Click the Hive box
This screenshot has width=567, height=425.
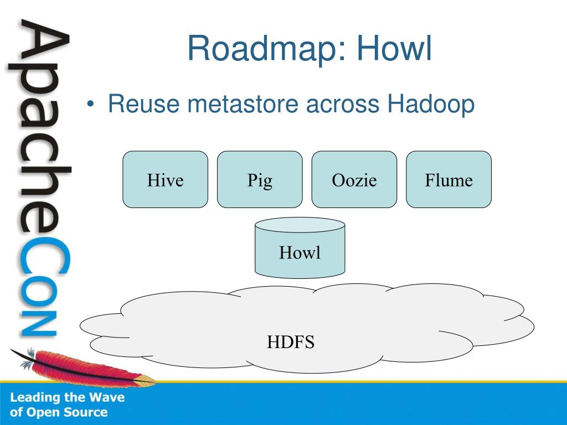click(x=165, y=179)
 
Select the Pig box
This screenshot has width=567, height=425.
click(x=260, y=179)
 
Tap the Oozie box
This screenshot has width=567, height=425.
click(x=354, y=179)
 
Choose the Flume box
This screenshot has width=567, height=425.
click(x=449, y=179)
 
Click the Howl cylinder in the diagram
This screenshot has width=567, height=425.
click(x=300, y=248)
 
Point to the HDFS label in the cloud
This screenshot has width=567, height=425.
click(x=291, y=342)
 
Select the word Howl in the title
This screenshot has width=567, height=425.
click(x=394, y=48)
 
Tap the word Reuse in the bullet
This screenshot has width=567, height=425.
click(x=143, y=103)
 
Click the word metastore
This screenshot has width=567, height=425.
click(x=243, y=103)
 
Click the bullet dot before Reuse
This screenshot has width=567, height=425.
click(x=90, y=104)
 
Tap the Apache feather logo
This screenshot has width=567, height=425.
click(x=83, y=366)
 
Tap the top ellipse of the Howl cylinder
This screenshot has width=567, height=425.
click(x=300, y=225)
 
